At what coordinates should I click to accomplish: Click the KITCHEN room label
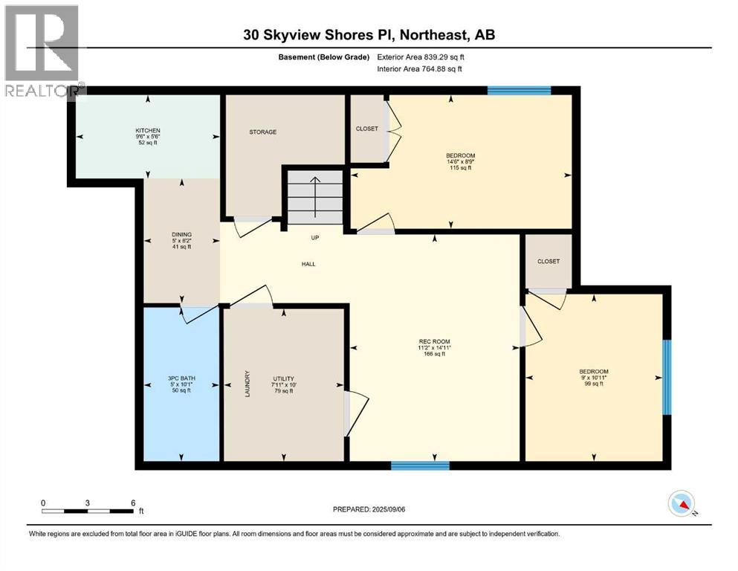pyautogui.click(x=148, y=131)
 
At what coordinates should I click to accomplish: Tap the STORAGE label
pyautogui.click(x=262, y=132)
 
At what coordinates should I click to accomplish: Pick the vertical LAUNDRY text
pyautogui.click(x=247, y=384)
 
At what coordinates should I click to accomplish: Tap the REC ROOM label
pyautogui.click(x=435, y=343)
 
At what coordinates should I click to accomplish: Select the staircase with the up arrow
pyautogui.click(x=316, y=196)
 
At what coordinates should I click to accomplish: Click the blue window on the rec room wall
pyautogui.click(x=420, y=466)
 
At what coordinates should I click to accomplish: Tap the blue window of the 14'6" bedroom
pyautogui.click(x=519, y=91)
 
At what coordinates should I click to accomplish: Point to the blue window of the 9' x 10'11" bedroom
pyautogui.click(x=667, y=377)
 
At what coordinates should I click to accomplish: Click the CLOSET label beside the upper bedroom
pyautogui.click(x=366, y=129)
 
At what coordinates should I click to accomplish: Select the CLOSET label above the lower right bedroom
pyautogui.click(x=548, y=261)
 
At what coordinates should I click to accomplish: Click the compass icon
pyautogui.click(x=681, y=504)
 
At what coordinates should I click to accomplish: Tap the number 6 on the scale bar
pyautogui.click(x=132, y=503)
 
